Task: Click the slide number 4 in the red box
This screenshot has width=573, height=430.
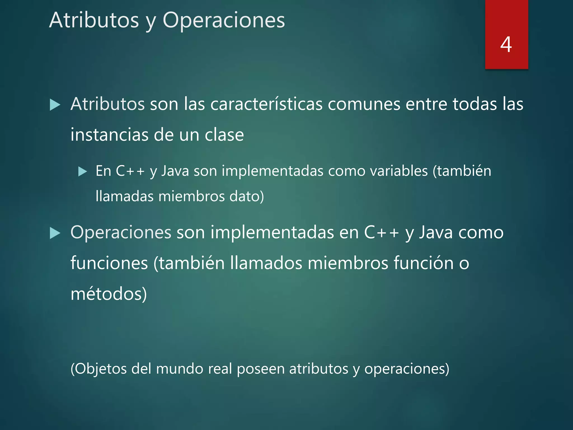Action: coord(506,45)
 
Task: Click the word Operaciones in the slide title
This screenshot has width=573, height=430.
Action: coord(224,20)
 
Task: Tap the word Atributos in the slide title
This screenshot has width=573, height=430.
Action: coord(94,20)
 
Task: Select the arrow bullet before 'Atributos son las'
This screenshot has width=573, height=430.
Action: coord(55,105)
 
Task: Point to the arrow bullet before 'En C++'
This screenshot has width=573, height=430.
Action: coord(83,171)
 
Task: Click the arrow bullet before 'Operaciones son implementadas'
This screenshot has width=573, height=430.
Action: coord(55,233)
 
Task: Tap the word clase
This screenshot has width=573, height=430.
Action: coord(224,135)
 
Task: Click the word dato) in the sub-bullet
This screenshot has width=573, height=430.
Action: coord(246,196)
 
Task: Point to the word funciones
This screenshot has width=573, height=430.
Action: coord(109,263)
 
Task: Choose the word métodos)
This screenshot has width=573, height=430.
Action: coord(109,294)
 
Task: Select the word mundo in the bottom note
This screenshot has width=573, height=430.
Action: coord(179,369)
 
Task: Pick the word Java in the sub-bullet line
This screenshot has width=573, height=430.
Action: coord(175,171)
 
